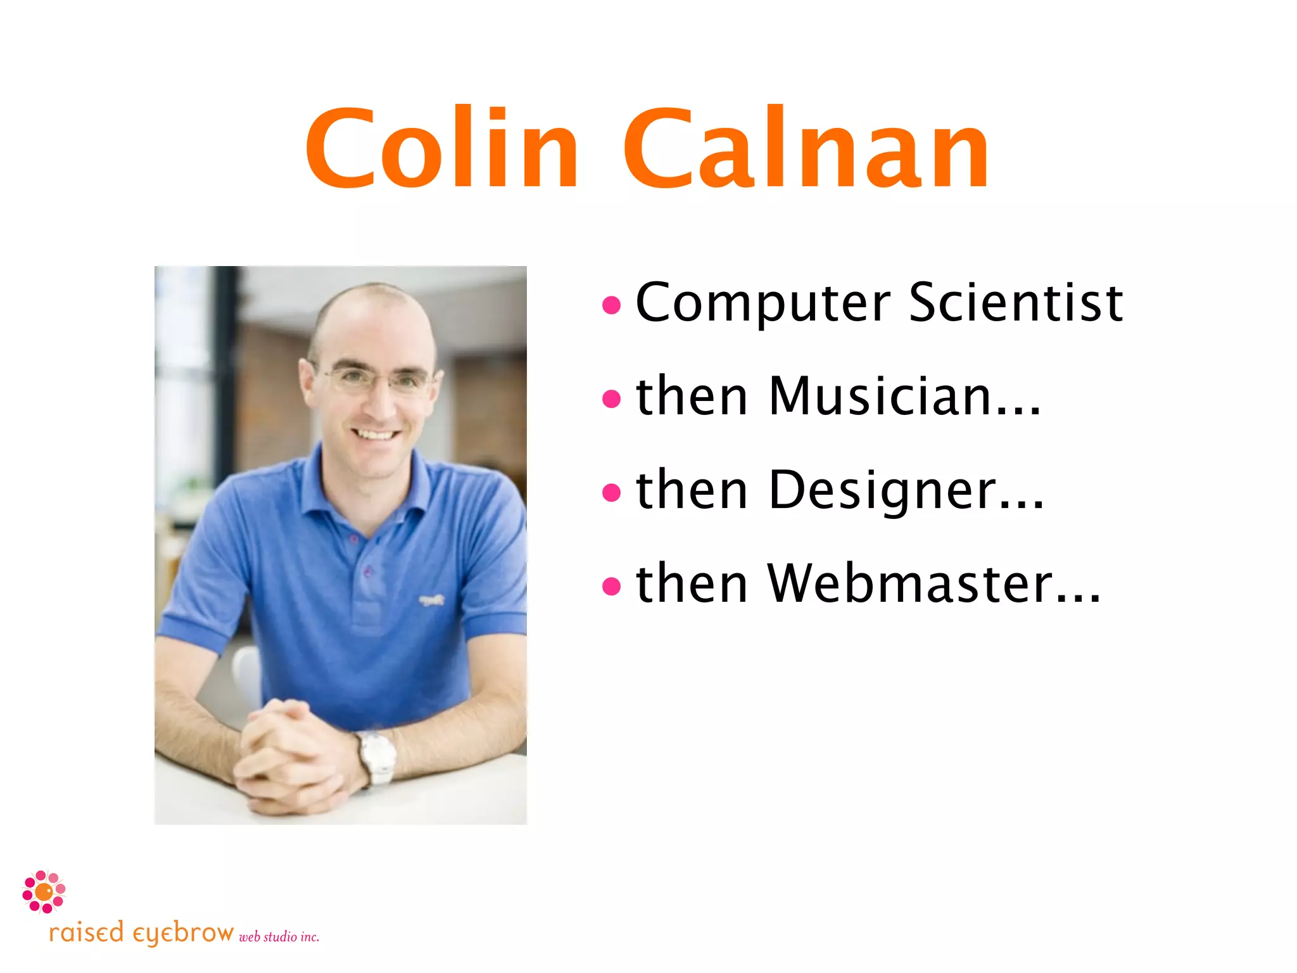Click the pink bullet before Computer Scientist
click(x=611, y=306)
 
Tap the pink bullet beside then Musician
click(x=611, y=399)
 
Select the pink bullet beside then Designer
click(x=611, y=492)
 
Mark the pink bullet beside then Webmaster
click(x=611, y=586)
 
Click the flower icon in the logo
click(x=44, y=892)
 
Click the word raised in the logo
click(x=86, y=933)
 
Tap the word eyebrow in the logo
click(x=183, y=934)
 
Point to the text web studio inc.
click(x=279, y=937)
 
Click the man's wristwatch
click(x=377, y=757)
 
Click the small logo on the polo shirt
click(x=432, y=599)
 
